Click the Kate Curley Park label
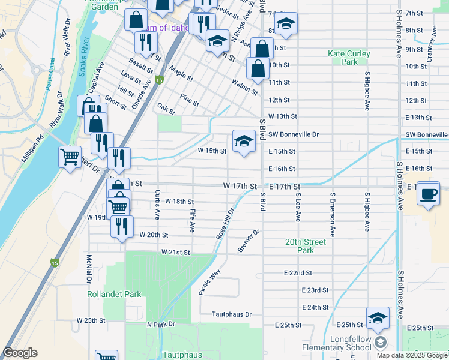pyautogui.click(x=349, y=58)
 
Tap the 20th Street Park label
pyautogui.click(x=306, y=246)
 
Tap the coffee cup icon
pyautogui.click(x=428, y=194)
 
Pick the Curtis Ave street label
pyautogui.click(x=157, y=204)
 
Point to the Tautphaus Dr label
pyautogui.click(x=231, y=314)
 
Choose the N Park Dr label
pyautogui.click(x=160, y=325)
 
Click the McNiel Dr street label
pyautogui.click(x=88, y=268)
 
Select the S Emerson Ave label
pyautogui.click(x=332, y=213)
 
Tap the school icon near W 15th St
pyautogui.click(x=243, y=142)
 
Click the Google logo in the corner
pyautogui.click(x=20, y=353)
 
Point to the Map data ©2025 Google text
pyautogui.click(x=412, y=355)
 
